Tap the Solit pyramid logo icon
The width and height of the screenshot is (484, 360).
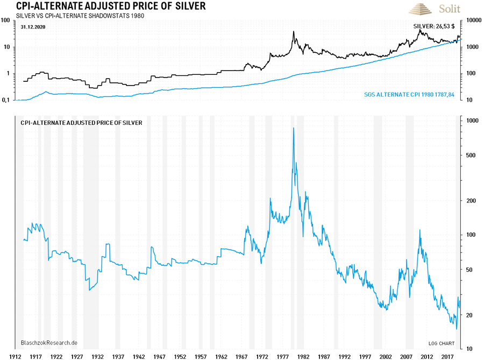pos(421,9)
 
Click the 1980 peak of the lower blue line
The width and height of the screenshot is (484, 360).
pos(293,129)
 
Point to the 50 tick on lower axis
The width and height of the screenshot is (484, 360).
pos(471,269)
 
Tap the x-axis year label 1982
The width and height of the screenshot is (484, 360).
pos(303,356)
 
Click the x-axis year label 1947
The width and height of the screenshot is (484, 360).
pos(159,356)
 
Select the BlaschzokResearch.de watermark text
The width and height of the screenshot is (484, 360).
pos(49,343)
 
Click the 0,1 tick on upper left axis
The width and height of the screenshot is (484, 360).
pos(7,100)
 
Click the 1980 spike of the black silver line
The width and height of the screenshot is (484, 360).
pos(294,32)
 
